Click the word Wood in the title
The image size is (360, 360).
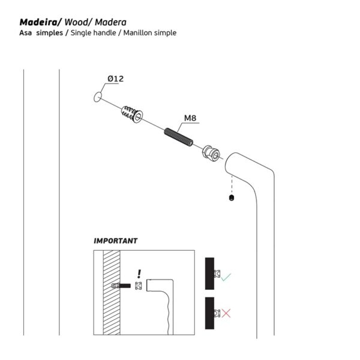point(76,22)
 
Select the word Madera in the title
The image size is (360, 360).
point(110,22)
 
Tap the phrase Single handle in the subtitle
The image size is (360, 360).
point(93,33)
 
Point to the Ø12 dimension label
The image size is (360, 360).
point(115,79)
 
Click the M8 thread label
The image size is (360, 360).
point(190,118)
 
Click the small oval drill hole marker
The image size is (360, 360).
point(98,97)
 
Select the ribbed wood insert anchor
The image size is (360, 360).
point(132,114)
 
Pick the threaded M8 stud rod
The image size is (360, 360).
point(179,137)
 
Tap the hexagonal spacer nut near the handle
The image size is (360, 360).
point(211,153)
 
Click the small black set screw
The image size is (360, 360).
point(232,197)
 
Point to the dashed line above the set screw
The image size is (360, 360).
point(232,185)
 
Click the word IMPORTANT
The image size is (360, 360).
point(115,241)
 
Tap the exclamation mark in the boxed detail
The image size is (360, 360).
point(139,274)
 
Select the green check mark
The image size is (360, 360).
point(226,277)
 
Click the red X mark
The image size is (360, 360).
point(226,313)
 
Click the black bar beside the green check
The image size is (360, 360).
point(209,274)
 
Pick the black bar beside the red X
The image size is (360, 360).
point(209,313)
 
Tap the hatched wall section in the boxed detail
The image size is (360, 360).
point(112,293)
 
